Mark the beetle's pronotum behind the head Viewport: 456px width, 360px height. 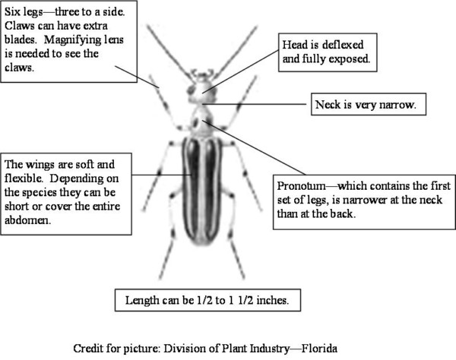pos(201,118)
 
